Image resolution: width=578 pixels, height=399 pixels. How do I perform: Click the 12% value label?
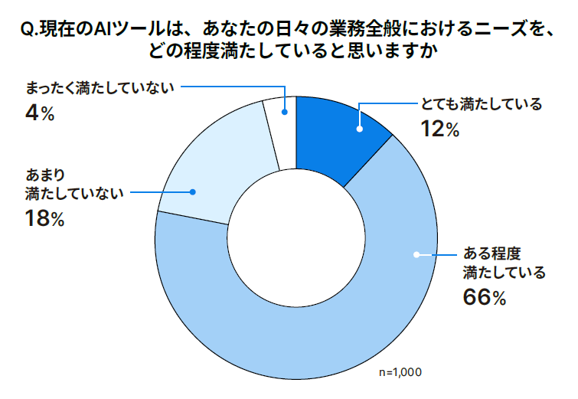[439, 129]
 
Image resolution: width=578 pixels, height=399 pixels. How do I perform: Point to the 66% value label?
[485, 298]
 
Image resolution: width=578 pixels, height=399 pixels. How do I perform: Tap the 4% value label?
[40, 113]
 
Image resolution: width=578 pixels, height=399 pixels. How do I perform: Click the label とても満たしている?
[482, 104]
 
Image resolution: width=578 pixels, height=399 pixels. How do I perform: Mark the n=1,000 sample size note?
[400, 372]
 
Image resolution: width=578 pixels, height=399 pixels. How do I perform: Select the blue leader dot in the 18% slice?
[194, 192]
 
